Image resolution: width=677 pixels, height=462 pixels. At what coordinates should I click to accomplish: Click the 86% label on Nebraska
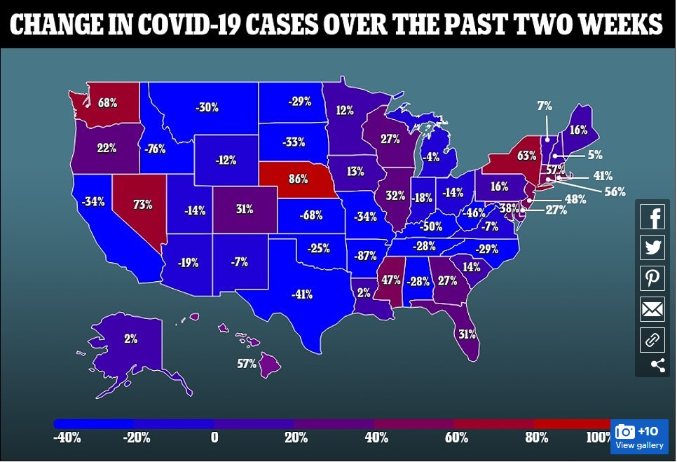point(298,178)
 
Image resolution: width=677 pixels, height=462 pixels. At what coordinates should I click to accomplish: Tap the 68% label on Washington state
point(107,103)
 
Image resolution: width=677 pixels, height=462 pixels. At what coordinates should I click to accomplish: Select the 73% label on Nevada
point(144,205)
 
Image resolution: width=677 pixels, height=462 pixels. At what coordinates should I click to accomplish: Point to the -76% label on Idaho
point(155,148)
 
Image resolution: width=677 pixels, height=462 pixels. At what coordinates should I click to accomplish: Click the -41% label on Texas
point(301,294)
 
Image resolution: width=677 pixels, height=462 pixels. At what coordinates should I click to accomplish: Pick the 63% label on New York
point(527,155)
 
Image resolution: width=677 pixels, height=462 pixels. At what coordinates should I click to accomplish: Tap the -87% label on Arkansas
point(365,256)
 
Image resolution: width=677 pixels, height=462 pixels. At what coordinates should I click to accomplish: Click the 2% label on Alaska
point(131,339)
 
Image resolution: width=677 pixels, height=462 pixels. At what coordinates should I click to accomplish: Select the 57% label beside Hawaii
point(246,364)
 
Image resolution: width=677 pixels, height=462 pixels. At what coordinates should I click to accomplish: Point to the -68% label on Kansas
point(311,215)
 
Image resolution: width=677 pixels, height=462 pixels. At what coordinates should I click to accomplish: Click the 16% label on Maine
point(578,130)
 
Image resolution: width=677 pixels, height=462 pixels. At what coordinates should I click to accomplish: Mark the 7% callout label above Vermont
point(545,106)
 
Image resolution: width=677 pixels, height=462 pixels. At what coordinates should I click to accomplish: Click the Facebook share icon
point(652,217)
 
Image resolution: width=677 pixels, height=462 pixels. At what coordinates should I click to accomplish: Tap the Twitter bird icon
point(652,247)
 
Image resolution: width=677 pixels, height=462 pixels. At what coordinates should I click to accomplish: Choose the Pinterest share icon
point(652,278)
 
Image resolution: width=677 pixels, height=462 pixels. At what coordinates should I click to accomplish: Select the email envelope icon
point(652,309)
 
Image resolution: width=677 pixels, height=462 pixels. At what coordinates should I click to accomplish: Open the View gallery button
point(639,437)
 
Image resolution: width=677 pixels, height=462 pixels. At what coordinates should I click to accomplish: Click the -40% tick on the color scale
point(67,438)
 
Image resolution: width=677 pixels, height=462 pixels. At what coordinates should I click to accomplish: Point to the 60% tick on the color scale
point(456,438)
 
